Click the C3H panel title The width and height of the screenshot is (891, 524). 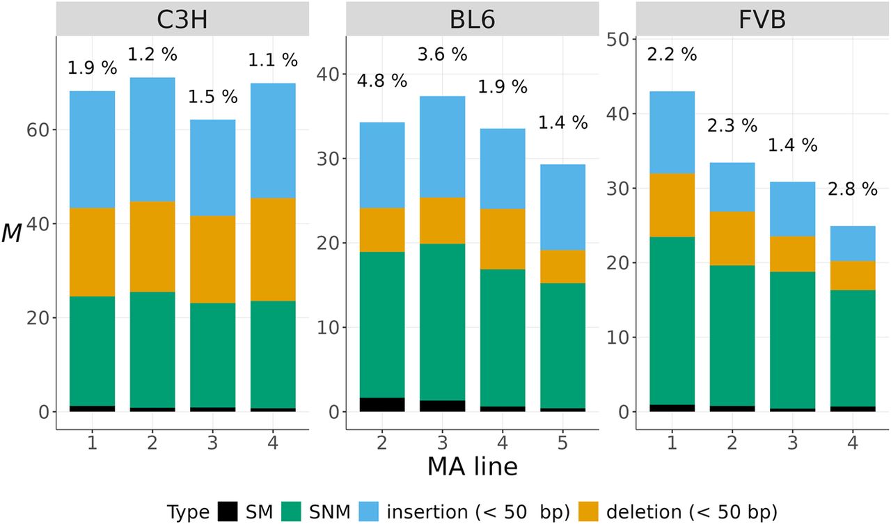[x=183, y=18]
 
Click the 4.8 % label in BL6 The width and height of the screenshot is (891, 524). [x=381, y=80]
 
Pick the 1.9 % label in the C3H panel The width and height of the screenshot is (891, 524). [x=92, y=68]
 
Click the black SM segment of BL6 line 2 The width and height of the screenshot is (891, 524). [x=381, y=404]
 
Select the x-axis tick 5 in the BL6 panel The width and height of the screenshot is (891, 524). [x=563, y=443]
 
